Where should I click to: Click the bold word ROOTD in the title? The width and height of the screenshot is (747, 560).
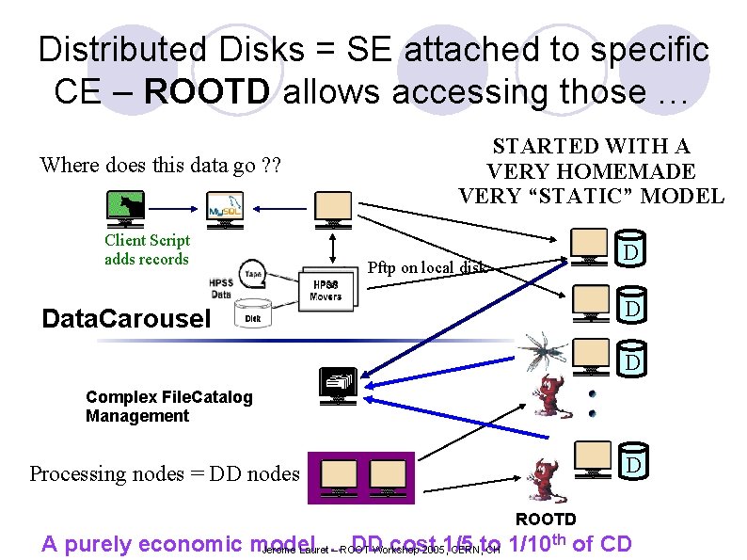(x=209, y=92)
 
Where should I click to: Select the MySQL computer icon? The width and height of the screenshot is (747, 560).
(x=225, y=208)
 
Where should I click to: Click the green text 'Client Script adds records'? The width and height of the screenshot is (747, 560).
(x=147, y=250)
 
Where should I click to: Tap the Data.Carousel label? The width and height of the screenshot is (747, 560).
(x=126, y=318)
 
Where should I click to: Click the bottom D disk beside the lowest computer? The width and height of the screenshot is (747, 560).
(x=633, y=464)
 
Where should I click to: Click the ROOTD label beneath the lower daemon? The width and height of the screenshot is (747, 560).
(x=546, y=520)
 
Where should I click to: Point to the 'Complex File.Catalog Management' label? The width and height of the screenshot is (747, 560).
(x=169, y=407)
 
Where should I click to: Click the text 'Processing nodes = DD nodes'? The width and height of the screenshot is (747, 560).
(x=165, y=473)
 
